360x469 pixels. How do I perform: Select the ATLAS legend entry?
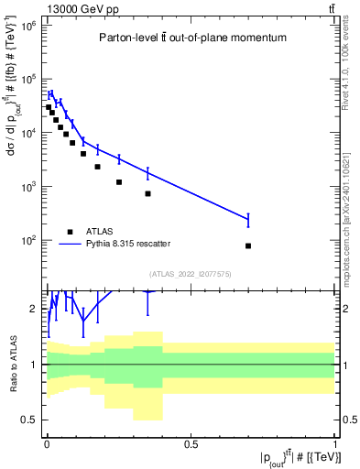pos(99,231)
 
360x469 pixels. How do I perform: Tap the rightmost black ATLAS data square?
pos(248,245)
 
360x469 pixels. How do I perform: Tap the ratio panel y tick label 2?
pos(35,309)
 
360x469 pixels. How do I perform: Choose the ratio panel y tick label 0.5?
pos(29,420)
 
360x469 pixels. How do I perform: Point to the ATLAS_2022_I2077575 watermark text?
pos(191,274)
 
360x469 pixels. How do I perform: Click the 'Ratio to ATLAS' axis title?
pos(13,364)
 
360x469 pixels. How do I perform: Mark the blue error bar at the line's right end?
pos(248,219)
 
